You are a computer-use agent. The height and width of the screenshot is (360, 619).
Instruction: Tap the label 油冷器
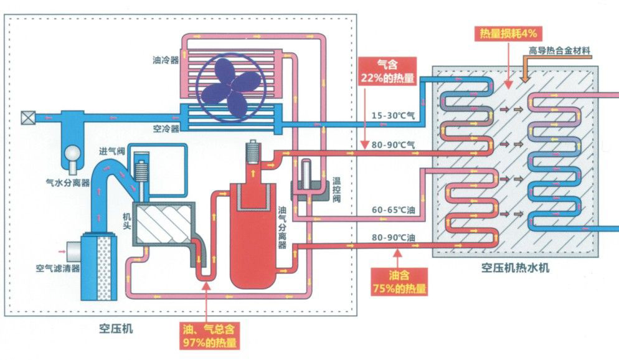coord(165,61)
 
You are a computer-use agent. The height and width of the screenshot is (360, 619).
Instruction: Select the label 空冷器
coord(166,128)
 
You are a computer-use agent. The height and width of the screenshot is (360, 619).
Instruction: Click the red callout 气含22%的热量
coord(381,71)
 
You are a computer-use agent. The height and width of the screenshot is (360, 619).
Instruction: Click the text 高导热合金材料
coord(559,50)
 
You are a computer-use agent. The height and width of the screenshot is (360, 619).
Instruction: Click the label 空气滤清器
coord(55,268)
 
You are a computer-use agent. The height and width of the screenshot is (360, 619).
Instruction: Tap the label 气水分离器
coord(69,182)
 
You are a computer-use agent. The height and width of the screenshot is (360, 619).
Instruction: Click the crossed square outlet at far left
coord(28,117)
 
